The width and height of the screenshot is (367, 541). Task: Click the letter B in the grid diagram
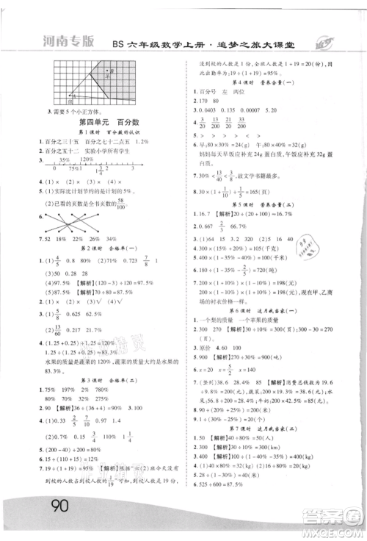109,74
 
